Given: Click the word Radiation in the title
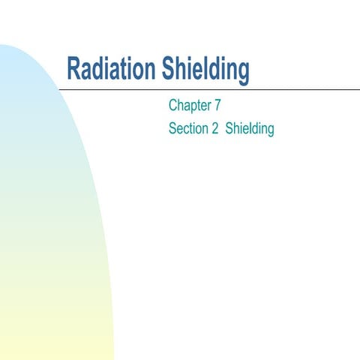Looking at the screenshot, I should pos(111,70).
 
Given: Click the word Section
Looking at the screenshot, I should pos(190,128).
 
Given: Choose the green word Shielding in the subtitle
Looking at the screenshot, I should pos(250,128).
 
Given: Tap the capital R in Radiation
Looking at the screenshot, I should pos(73,70).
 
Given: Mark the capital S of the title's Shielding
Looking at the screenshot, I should pos(166,70).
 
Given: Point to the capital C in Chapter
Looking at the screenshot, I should pos(174,106).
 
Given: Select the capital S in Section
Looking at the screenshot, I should pos(173,128).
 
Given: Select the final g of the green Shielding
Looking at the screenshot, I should pos(270,130).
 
